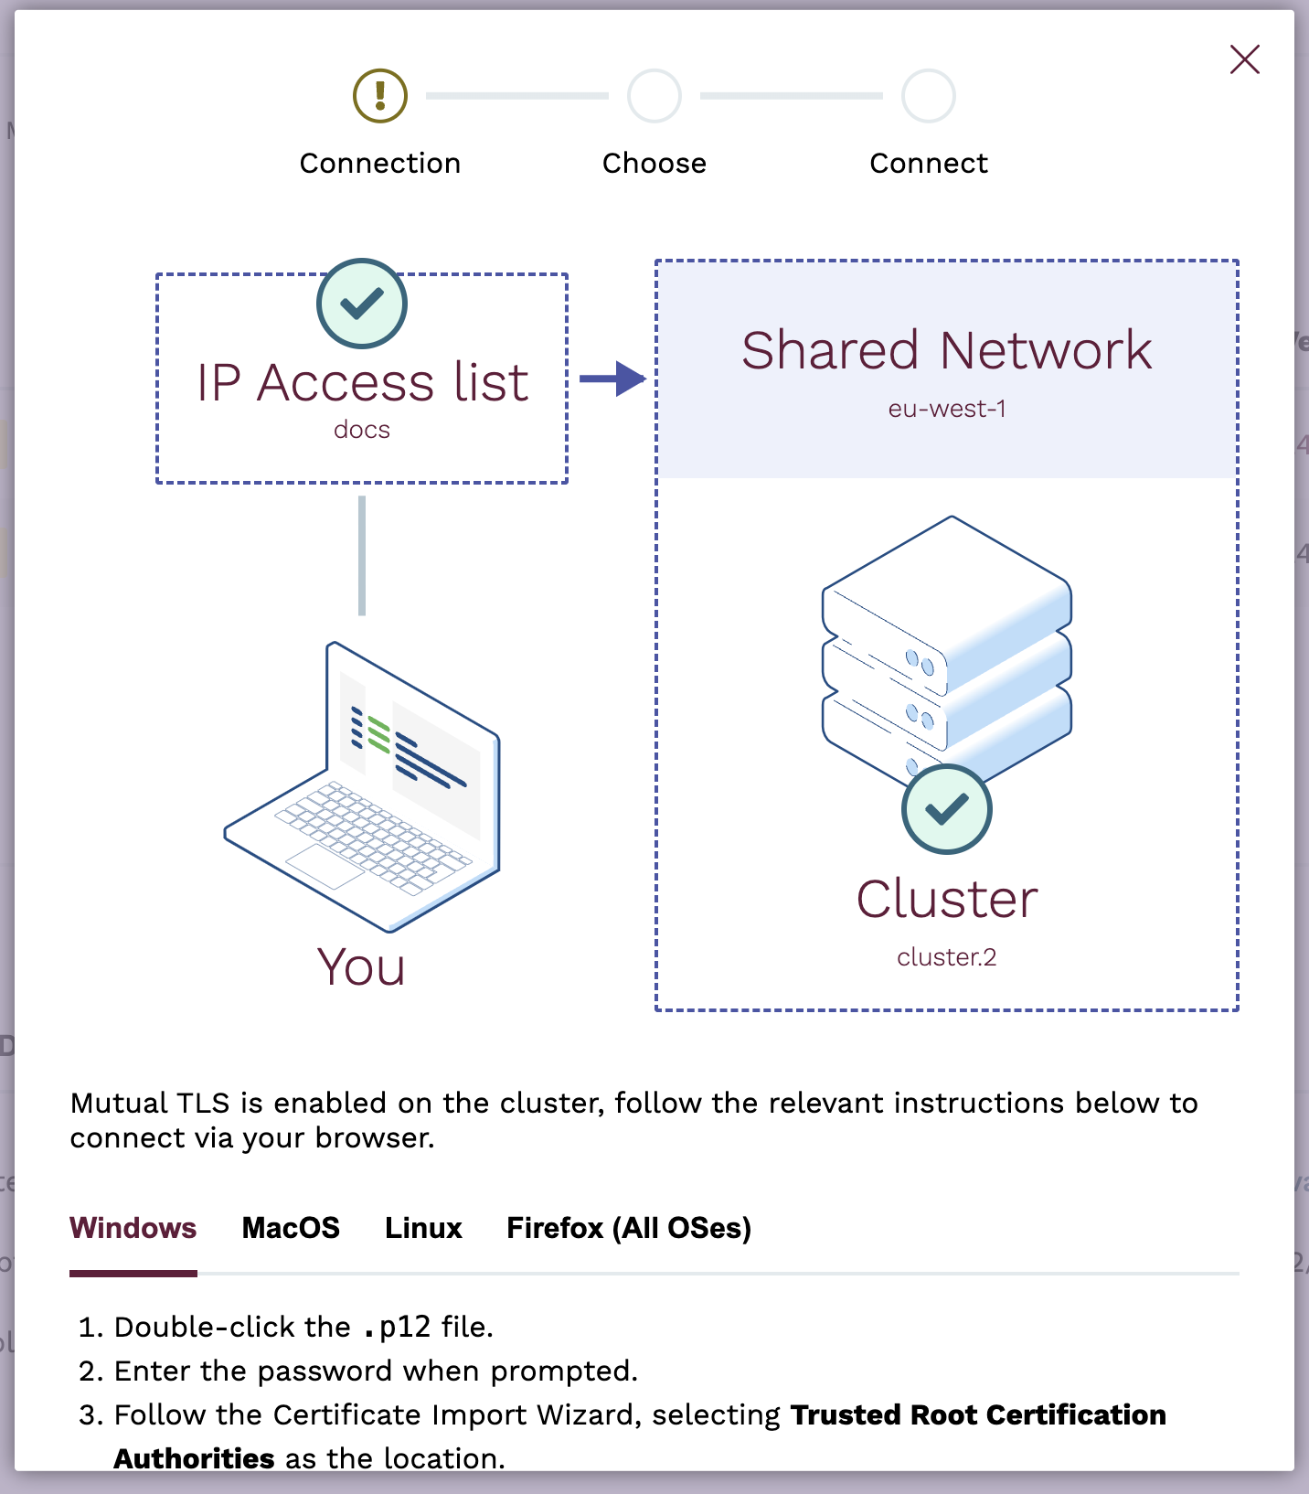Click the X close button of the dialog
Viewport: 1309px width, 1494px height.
click(1244, 59)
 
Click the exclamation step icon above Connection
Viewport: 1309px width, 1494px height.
click(380, 96)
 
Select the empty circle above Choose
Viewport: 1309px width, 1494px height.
click(654, 96)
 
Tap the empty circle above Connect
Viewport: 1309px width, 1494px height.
click(929, 96)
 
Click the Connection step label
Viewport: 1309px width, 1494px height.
click(380, 164)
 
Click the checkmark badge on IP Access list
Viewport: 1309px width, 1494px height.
click(362, 304)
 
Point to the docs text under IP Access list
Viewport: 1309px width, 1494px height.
click(362, 430)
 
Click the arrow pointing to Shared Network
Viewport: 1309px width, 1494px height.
click(613, 378)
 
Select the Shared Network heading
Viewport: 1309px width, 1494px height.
click(946, 350)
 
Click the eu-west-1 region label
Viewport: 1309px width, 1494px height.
click(946, 409)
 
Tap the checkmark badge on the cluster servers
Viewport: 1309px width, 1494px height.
click(946, 809)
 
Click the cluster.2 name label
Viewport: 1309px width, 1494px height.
click(946, 957)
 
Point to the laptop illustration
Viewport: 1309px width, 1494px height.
click(363, 786)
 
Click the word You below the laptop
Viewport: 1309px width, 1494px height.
click(361, 967)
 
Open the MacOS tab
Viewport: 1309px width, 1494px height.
click(291, 1228)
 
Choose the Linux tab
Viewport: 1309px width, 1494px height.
click(423, 1228)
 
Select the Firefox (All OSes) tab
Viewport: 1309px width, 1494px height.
click(629, 1228)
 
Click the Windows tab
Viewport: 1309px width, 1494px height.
click(133, 1228)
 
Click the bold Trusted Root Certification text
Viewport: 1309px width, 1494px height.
click(978, 1414)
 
